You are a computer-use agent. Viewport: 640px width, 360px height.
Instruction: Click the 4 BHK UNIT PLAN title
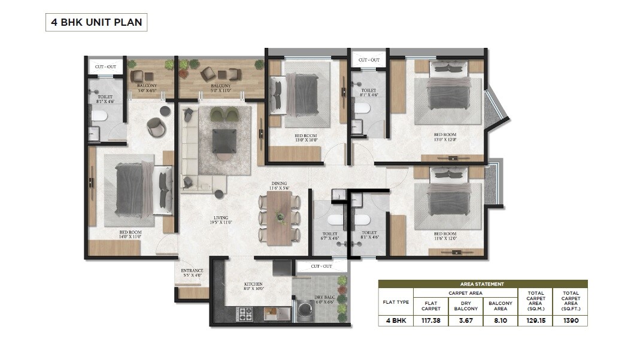[x=96, y=23]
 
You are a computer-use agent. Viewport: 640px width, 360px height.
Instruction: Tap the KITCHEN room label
[x=253, y=286]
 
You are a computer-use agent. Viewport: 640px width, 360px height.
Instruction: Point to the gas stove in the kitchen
[x=247, y=312]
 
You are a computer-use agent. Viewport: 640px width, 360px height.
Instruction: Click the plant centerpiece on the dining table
[x=279, y=217]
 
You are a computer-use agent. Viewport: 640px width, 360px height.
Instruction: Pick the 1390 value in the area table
[x=570, y=320]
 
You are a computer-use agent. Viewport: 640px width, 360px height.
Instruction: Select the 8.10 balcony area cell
[x=501, y=320]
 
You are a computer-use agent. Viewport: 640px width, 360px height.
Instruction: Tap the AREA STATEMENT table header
[x=482, y=284]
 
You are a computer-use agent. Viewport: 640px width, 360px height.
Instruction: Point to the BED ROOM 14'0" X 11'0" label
[x=130, y=234]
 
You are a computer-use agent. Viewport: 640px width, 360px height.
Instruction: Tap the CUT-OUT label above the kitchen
[x=321, y=265]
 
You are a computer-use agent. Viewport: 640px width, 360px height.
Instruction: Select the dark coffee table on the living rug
[x=225, y=140]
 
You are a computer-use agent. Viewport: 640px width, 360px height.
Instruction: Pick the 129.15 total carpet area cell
[x=536, y=320]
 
